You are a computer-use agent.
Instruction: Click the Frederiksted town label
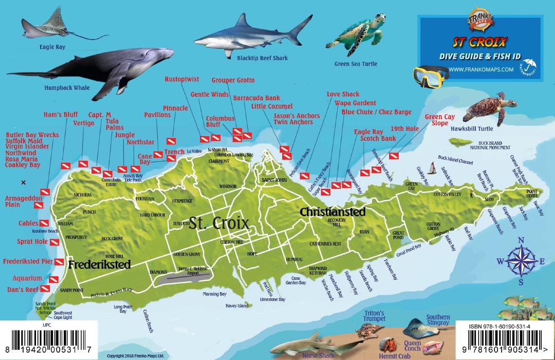(99, 264)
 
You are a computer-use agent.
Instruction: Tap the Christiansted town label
(332, 212)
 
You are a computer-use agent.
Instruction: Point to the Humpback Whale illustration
(98, 69)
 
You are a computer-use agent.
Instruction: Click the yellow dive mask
(431, 74)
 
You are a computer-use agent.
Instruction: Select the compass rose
(520, 261)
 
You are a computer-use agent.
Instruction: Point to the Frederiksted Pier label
(29, 261)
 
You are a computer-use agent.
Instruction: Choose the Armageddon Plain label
(20, 201)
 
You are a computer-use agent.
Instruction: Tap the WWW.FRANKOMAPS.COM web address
(481, 69)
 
